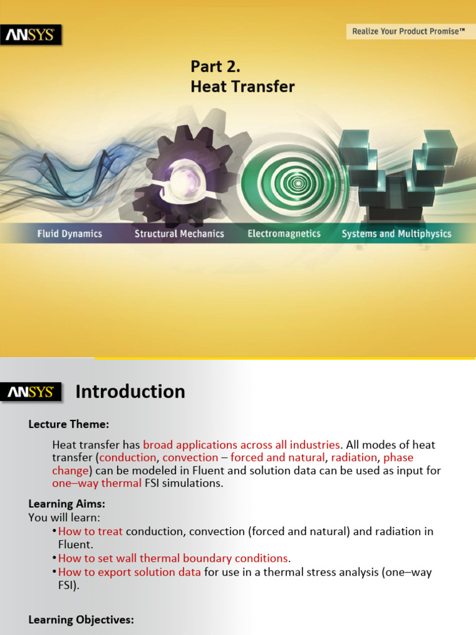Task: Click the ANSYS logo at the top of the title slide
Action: point(30,35)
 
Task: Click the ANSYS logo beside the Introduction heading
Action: point(30,392)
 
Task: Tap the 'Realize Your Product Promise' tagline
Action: point(408,30)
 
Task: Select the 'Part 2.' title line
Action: point(215,66)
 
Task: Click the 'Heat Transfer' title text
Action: point(242,87)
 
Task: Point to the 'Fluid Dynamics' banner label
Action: point(69,234)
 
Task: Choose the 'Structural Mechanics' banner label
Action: point(179,234)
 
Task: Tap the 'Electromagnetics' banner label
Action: point(284,234)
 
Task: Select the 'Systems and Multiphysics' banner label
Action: point(397,234)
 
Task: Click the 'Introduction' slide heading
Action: point(130,392)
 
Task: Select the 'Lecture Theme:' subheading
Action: point(69,425)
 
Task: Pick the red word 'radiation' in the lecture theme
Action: point(354,458)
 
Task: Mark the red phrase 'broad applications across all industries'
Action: point(242,445)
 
